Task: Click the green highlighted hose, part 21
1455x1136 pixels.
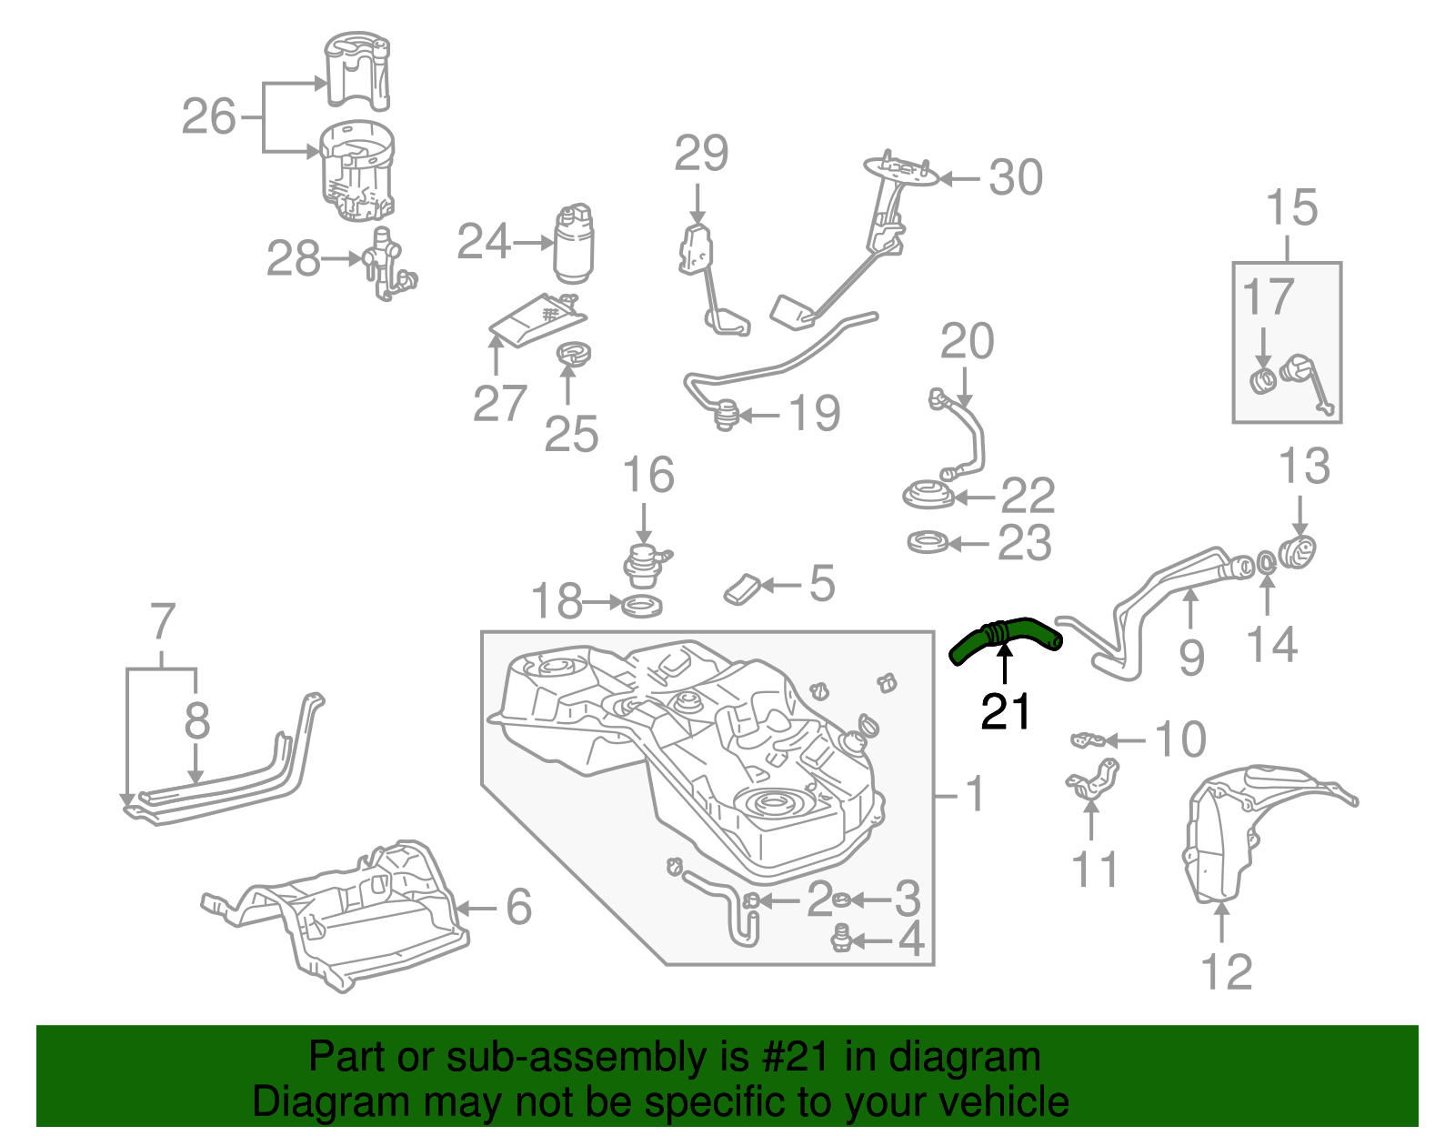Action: (x=1005, y=635)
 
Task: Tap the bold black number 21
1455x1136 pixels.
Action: (x=1006, y=712)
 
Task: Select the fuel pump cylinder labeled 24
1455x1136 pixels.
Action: (x=573, y=243)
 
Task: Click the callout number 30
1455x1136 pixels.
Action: (x=1015, y=177)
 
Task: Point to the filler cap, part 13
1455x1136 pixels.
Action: (x=1297, y=551)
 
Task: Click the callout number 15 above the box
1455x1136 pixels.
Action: (x=1291, y=208)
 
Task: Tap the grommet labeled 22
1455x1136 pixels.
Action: (x=928, y=497)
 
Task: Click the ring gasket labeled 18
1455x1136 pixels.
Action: (x=641, y=604)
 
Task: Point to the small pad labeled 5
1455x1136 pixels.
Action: (x=740, y=589)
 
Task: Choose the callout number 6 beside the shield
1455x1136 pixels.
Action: (x=518, y=906)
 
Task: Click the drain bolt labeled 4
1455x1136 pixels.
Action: (x=842, y=938)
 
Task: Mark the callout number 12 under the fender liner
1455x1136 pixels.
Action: (x=1226, y=972)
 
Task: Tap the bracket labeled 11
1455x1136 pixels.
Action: (x=1090, y=783)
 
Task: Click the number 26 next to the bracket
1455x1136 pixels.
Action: (x=208, y=116)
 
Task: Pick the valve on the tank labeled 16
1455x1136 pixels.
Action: (x=644, y=562)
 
